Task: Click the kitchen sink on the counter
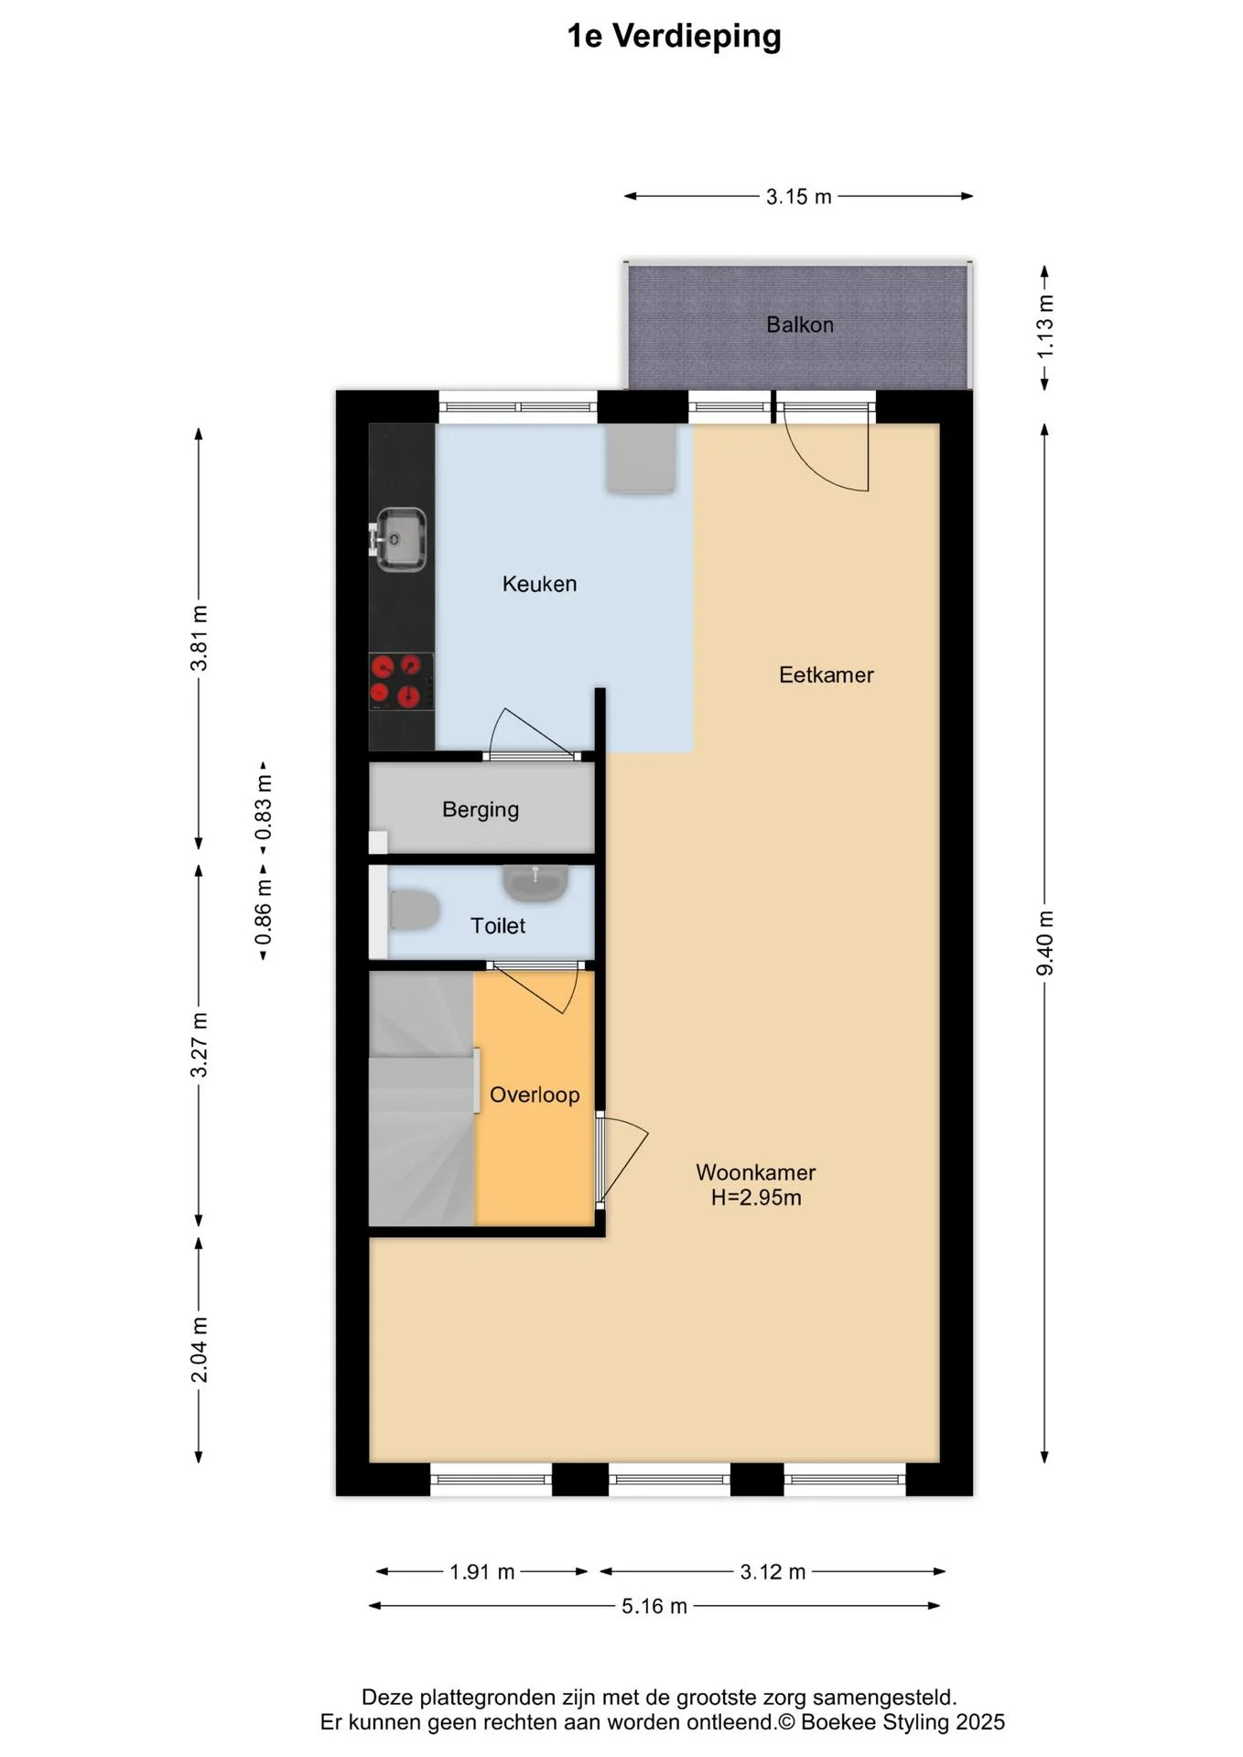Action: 400,539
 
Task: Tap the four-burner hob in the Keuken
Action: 401,682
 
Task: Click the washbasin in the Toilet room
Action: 535,883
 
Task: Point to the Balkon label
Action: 799,325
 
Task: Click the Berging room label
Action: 480,810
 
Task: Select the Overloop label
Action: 535,1095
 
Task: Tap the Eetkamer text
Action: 826,675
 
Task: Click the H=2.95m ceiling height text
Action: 756,1198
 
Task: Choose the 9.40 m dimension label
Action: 1044,943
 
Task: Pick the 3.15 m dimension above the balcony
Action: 798,197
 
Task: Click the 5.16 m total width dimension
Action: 654,1606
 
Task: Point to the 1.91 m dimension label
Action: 481,1572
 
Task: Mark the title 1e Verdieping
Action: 674,37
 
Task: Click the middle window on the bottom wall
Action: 669,1479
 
